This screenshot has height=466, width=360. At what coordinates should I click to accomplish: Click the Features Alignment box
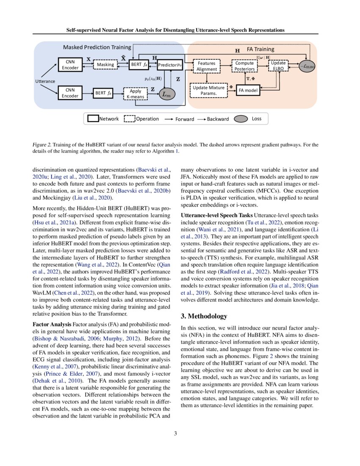pos(207,66)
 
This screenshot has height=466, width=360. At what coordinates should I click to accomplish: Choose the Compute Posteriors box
pos(245,66)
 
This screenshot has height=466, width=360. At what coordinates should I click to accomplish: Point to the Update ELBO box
pos(278,66)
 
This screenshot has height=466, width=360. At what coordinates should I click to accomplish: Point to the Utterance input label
pos(45,81)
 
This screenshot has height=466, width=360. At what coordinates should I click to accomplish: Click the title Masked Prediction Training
pos(97,47)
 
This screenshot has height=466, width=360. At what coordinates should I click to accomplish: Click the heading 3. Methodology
pos(204,316)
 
